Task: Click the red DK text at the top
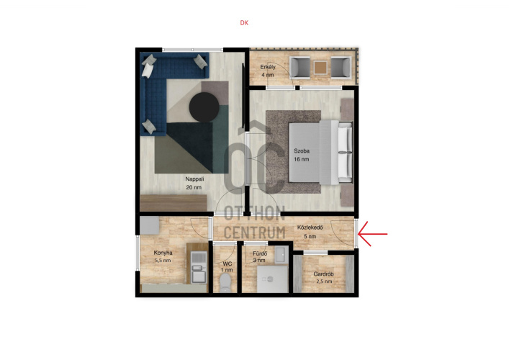click(x=244, y=23)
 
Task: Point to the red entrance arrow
click(x=373, y=234)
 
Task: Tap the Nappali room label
click(x=194, y=179)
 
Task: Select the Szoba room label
click(x=302, y=151)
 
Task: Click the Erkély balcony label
click(x=268, y=67)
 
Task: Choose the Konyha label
click(x=163, y=253)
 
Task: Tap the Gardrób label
click(x=323, y=274)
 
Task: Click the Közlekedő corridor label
click(x=310, y=228)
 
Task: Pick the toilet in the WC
click(x=225, y=282)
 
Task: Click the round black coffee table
click(x=204, y=107)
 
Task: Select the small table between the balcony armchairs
click(x=320, y=68)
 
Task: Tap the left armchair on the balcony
click(x=300, y=68)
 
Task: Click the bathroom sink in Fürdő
click(x=281, y=254)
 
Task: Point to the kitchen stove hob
click(x=198, y=258)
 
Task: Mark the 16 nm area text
click(x=302, y=159)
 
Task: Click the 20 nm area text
click(x=194, y=187)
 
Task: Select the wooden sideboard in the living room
click(x=174, y=203)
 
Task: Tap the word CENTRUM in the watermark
click(x=255, y=233)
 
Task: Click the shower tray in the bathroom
click(x=272, y=279)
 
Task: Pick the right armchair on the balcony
click(x=341, y=68)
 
